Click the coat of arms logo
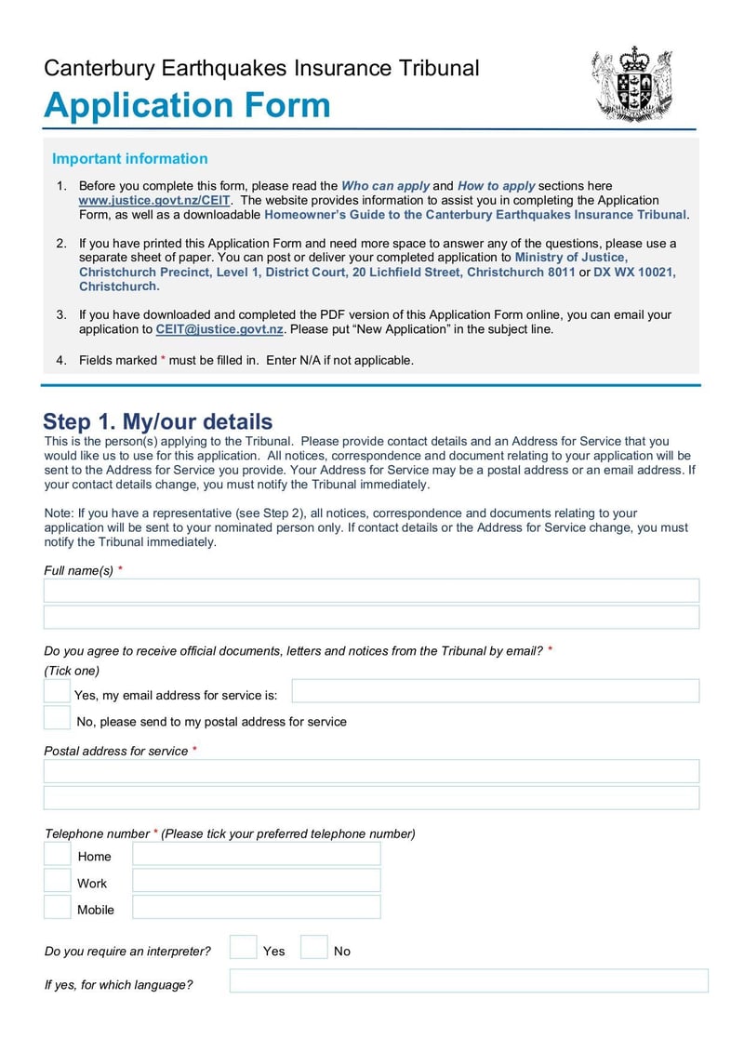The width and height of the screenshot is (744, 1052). point(632,84)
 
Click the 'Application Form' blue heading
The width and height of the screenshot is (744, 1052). point(187,105)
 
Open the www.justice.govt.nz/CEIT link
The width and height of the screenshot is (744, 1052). point(153,200)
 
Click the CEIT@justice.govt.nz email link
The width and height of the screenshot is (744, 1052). point(219,329)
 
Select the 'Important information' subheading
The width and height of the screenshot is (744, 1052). point(129,159)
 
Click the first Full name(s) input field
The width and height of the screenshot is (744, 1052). point(371,591)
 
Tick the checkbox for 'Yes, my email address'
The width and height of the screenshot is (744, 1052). point(57,691)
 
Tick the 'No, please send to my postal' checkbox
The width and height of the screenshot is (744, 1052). point(57,718)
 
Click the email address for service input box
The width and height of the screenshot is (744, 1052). point(495,691)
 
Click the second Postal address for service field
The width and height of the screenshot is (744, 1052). point(371,798)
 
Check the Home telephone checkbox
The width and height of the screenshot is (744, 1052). point(58,855)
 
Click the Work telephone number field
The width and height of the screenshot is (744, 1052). point(257,881)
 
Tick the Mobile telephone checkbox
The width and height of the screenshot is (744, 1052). point(58,908)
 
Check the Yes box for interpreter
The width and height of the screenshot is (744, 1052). point(243,948)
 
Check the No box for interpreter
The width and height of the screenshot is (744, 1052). point(314,948)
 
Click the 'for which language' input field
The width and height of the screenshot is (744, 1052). point(468,981)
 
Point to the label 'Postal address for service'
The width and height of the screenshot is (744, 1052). point(116,751)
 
